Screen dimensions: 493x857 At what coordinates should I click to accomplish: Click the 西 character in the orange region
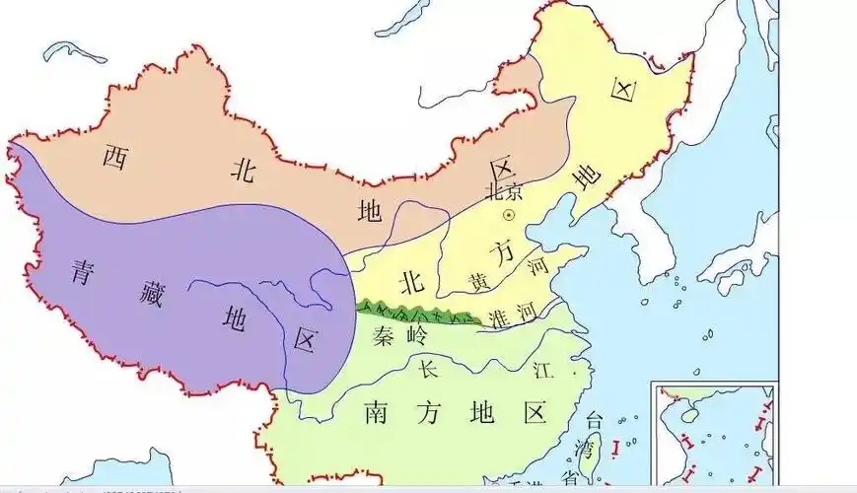(117, 155)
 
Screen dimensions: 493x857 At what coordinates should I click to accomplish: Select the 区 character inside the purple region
(306, 340)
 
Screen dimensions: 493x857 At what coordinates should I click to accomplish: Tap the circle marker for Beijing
(509, 215)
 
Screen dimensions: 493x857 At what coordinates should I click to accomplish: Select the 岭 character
(418, 335)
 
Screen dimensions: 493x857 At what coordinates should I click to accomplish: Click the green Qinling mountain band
(414, 315)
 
